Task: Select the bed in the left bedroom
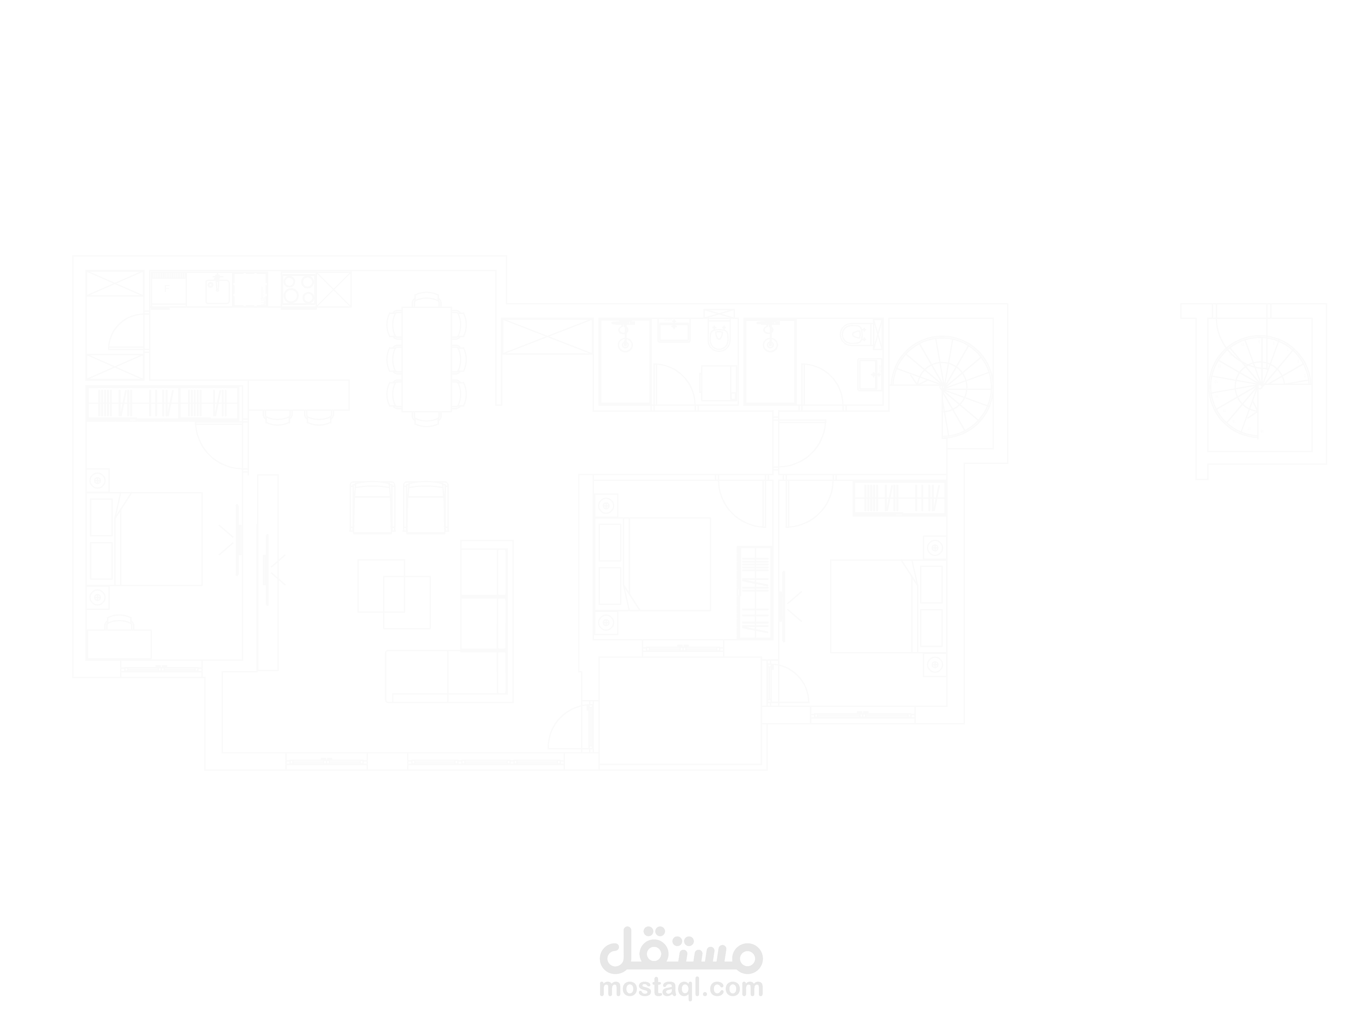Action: (159, 538)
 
